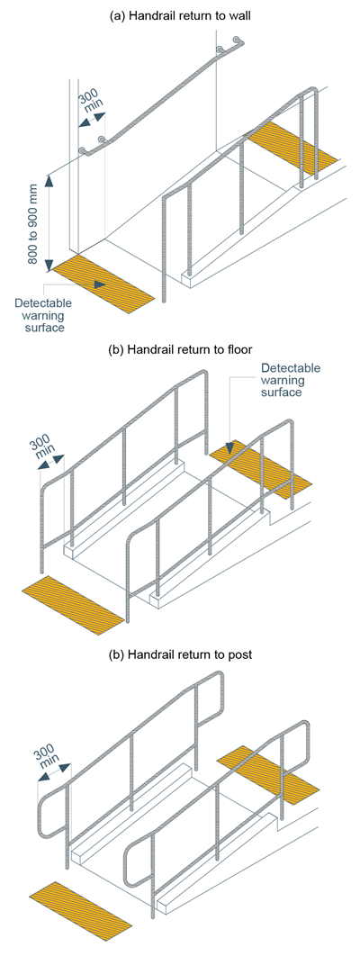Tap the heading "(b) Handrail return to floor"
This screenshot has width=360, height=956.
pyautogui.click(x=180, y=348)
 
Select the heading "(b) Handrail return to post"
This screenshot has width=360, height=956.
pyautogui.click(x=180, y=655)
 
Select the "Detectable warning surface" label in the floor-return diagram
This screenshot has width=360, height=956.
pyautogui.click(x=290, y=380)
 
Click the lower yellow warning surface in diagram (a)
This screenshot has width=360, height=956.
pyautogui.click(x=103, y=284)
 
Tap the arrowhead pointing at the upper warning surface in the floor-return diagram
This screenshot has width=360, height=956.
pyautogui.click(x=231, y=448)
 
